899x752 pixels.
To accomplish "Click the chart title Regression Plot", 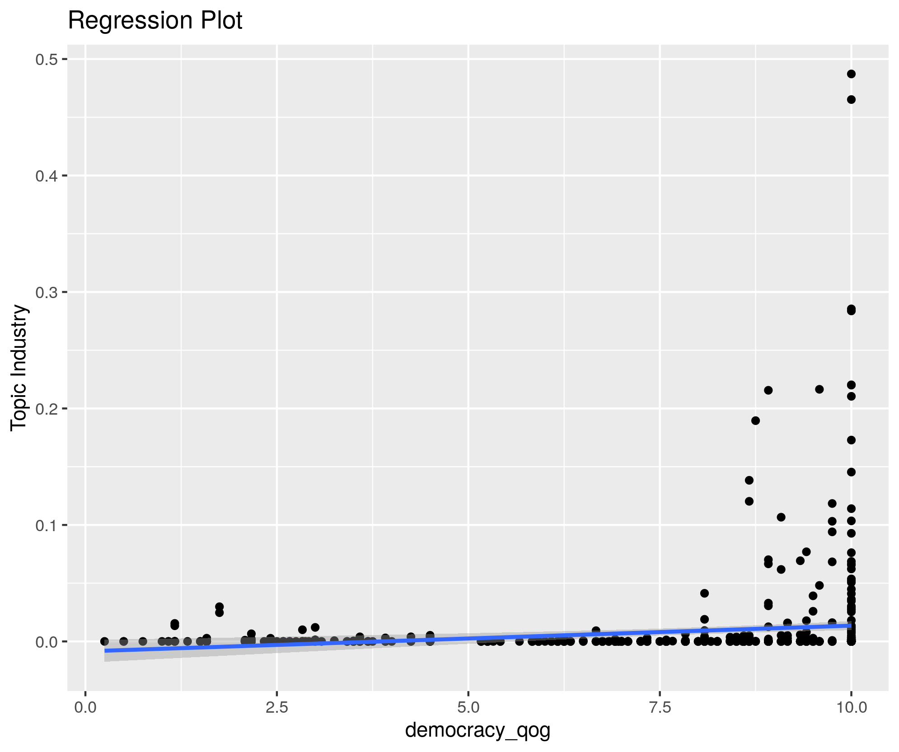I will point(155,21).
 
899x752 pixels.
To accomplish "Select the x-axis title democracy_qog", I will point(478,730).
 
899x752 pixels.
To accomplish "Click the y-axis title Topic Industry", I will point(19,368).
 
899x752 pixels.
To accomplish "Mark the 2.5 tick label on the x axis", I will point(277,707).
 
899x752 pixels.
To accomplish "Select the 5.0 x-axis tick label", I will point(468,707).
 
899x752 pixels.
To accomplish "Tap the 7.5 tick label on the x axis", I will point(660,707).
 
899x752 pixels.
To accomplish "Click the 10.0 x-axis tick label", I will point(852,707).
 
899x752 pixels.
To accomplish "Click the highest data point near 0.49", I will point(851,74).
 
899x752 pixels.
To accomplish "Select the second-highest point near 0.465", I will point(851,100).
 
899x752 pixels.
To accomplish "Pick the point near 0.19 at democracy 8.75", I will point(755,421).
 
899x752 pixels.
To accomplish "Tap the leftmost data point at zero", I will point(104,641).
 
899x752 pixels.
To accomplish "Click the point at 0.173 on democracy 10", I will point(851,440).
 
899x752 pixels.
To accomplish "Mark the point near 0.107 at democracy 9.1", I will point(781,517).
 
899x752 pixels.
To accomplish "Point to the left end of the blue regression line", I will point(105,651).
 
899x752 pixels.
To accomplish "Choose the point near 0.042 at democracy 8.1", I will point(704,593).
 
